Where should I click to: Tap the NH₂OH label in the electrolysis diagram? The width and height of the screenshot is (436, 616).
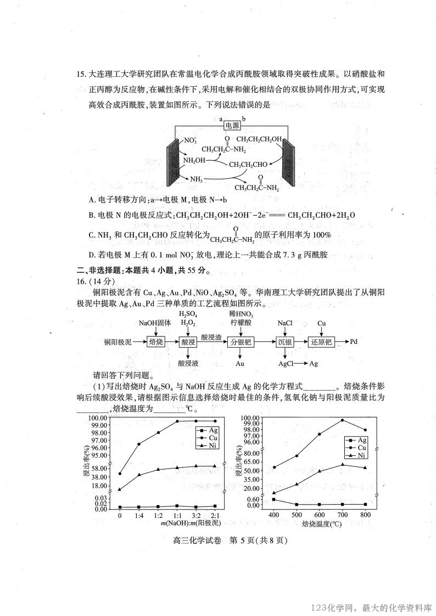(194, 161)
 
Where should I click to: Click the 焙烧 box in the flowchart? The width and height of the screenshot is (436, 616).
(156, 341)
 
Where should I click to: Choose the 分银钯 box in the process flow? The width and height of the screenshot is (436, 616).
(240, 341)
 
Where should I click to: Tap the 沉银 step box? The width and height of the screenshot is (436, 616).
(286, 341)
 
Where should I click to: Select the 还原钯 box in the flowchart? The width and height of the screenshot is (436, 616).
(321, 341)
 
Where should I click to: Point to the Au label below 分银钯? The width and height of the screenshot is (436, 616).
(240, 363)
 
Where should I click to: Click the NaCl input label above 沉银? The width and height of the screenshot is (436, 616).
(285, 324)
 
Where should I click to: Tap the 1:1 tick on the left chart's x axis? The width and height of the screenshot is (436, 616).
(177, 516)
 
